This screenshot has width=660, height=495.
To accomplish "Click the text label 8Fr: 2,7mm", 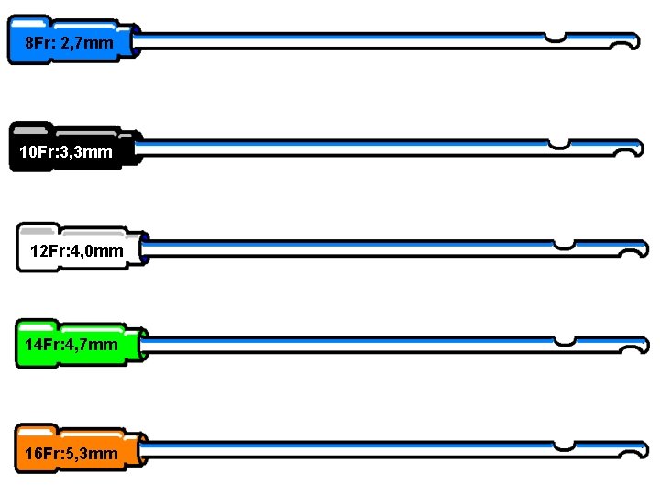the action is coord(69,43).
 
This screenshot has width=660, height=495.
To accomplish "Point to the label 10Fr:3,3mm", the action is coord(66,152).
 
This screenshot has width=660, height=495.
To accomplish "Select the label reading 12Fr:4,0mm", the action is coord(77,251).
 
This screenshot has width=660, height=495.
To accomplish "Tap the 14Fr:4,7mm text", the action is coord(71,345).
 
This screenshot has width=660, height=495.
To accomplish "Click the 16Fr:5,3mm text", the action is coord(71,454).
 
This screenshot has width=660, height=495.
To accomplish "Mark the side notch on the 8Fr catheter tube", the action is coord(555,38).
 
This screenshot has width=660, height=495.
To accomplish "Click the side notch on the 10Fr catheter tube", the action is coord(559,145).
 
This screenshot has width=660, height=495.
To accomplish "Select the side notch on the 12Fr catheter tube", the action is coord(564,245).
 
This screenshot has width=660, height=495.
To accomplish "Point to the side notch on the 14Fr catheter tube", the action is coord(565,341).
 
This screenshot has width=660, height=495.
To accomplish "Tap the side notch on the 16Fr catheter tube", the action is coord(564,446).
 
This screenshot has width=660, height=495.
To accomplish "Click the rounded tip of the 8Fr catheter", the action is coord(637,41).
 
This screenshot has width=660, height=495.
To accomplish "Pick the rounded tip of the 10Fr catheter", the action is coord(640,148).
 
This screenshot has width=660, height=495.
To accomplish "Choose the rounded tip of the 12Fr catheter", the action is coord(645,248).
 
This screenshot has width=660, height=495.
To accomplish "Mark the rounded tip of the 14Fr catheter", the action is coord(645,345).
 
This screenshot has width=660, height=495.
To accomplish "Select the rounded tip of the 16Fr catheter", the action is coord(645,450).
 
